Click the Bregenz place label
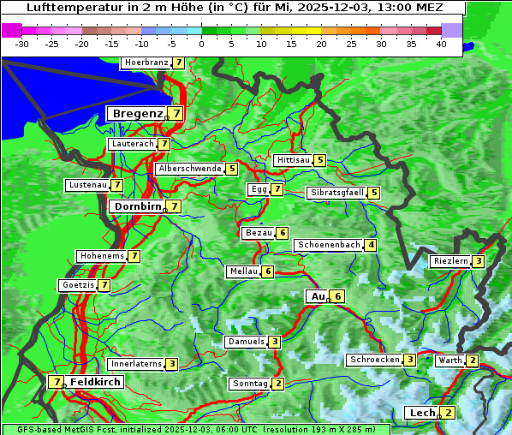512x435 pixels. coord(136,113)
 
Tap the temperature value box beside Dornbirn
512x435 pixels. coord(174,206)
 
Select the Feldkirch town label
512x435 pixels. coord(95,382)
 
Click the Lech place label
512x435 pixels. coord(422,413)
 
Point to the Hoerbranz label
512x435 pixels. coord(145,63)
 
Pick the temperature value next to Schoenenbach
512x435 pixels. coord(370,245)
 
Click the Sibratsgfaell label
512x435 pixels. coord(336,193)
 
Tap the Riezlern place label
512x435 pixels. coord(450,261)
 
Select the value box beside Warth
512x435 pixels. coord(473,361)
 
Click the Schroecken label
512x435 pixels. coord(374,360)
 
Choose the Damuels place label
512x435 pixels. coord(245,342)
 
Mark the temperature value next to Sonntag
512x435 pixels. coord(278,384)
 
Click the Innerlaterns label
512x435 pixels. coord(136,364)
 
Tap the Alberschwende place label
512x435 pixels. coord(190,169)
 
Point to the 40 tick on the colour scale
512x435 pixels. coord(441,43)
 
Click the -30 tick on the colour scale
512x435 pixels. coord(22,43)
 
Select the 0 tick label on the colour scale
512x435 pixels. coord(201,43)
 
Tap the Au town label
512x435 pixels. coord(319,296)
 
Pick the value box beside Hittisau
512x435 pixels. coord(319,160)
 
